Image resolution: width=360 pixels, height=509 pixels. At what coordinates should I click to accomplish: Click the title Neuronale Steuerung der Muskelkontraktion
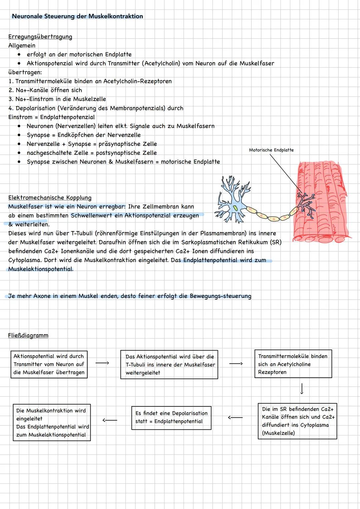(77, 16)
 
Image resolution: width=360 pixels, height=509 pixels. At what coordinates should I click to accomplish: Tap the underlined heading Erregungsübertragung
(40, 37)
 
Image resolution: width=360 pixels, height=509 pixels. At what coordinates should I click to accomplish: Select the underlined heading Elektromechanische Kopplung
(50, 198)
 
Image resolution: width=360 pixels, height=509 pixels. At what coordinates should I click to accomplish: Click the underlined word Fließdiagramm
(28, 335)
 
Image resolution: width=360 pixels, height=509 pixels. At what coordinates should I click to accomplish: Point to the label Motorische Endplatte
(271, 150)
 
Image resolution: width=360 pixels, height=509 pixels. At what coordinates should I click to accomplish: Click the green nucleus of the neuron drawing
(235, 208)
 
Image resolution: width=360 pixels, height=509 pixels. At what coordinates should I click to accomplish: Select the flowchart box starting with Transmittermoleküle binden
(293, 364)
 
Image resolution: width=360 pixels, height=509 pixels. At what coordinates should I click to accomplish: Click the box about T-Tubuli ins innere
(169, 364)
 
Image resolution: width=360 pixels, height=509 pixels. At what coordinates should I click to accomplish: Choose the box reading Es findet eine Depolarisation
(171, 417)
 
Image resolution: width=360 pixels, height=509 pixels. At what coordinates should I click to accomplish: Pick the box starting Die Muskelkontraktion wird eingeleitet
(52, 423)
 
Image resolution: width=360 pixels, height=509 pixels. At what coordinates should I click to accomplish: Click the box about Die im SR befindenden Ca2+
(297, 421)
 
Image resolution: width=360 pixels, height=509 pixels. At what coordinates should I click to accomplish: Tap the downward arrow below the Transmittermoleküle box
(302, 389)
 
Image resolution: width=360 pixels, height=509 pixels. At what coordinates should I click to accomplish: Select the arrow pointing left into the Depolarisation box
(235, 417)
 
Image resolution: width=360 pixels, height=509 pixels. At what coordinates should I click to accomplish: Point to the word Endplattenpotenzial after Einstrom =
(67, 117)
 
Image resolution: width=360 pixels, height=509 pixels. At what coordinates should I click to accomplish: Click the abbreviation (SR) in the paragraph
(275, 242)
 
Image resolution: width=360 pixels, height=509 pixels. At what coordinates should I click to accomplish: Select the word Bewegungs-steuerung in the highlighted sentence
(220, 296)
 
